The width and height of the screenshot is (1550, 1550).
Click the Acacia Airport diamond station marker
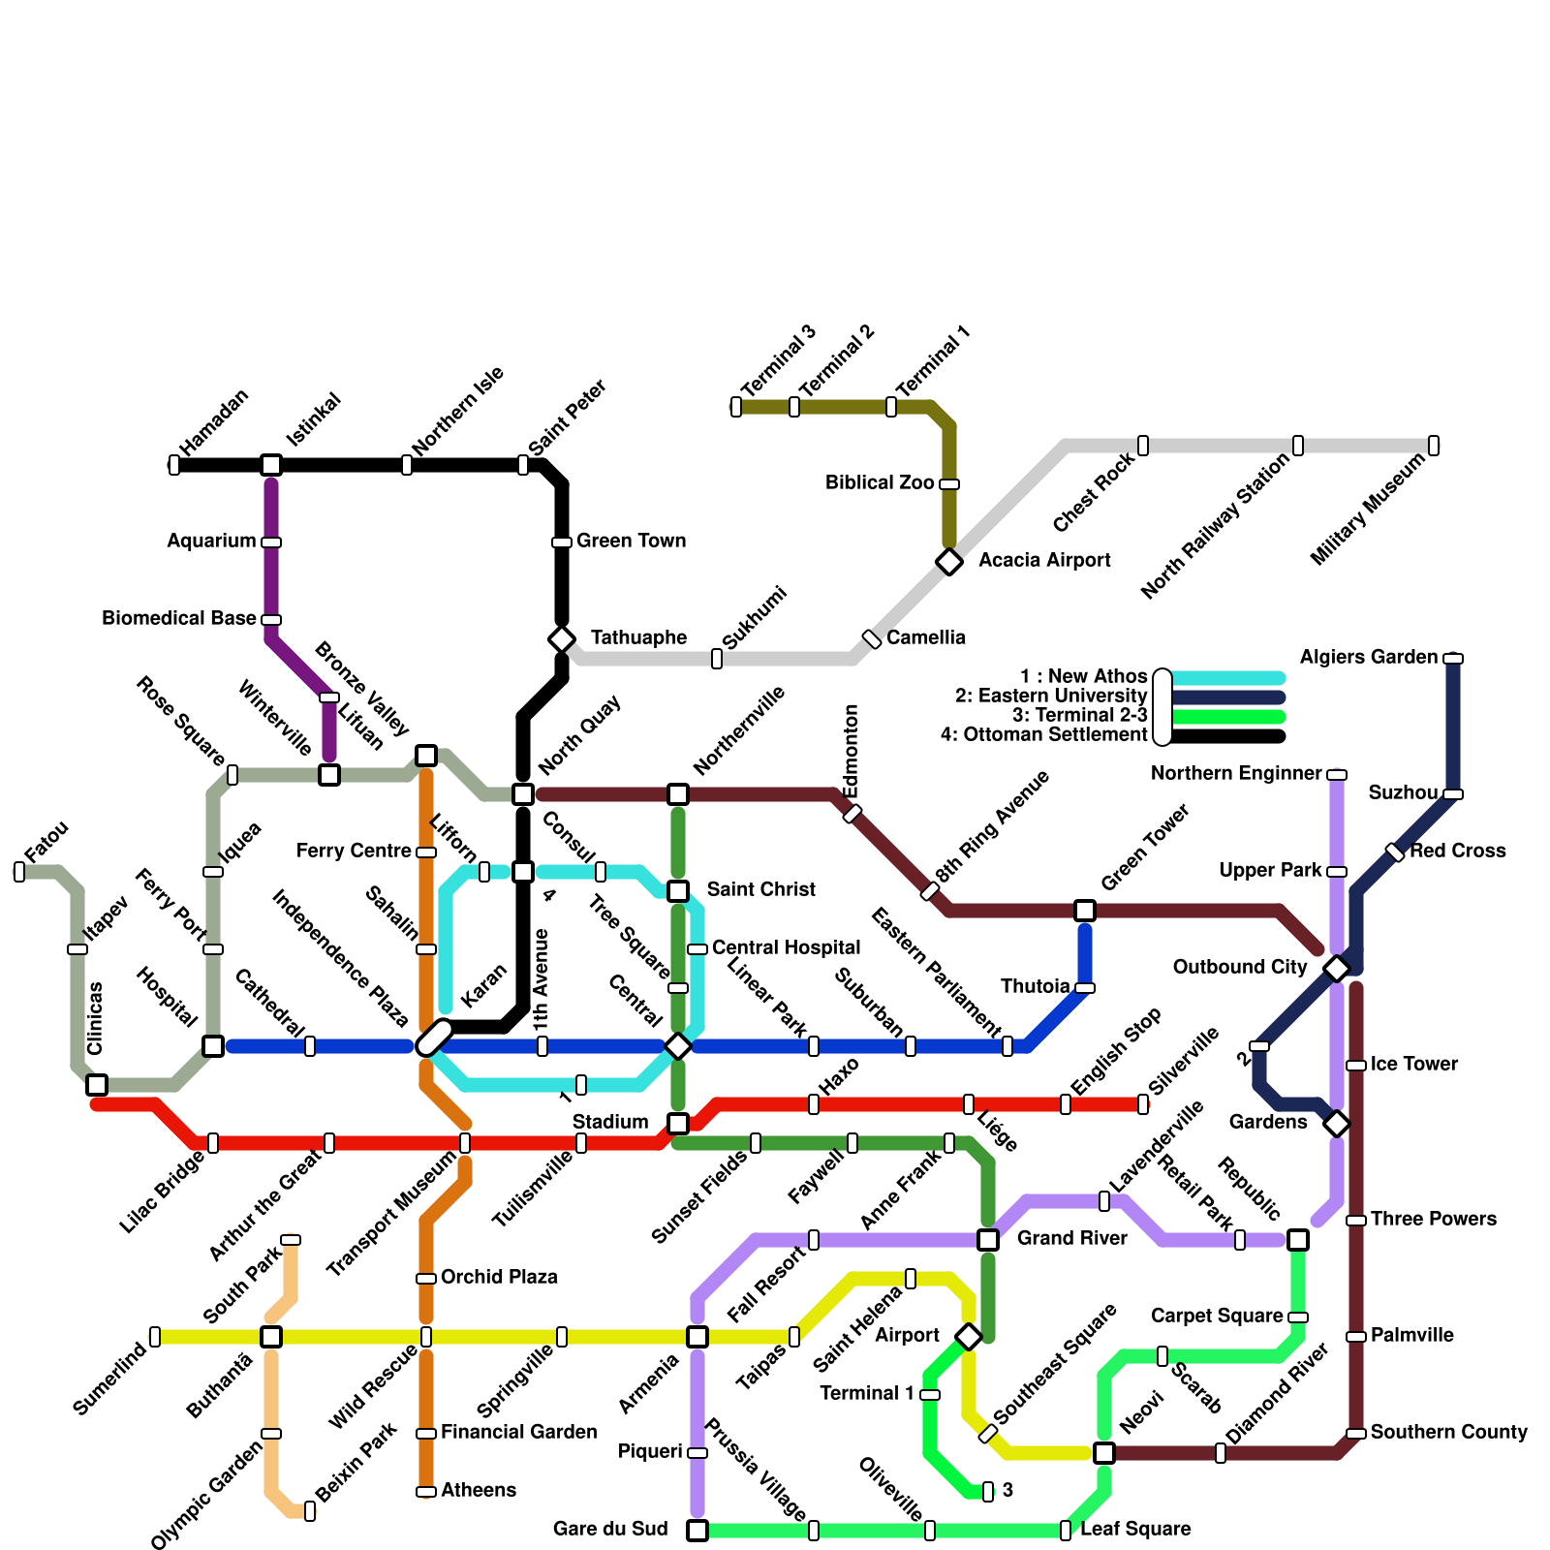point(949,561)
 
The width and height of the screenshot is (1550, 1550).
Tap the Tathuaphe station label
point(638,637)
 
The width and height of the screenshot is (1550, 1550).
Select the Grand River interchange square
point(988,1239)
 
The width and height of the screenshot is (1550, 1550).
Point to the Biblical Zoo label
point(880,482)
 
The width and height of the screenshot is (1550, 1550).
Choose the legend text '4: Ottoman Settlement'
point(1043,734)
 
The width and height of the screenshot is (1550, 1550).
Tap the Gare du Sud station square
point(697,1530)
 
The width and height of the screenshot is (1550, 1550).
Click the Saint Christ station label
point(760,889)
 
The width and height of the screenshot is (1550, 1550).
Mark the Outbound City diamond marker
point(1337,968)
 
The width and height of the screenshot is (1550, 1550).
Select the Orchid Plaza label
point(499,1277)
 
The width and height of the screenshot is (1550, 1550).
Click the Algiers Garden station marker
point(1453,659)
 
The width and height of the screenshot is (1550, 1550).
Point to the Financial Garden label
point(518,1432)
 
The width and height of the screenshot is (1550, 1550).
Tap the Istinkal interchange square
point(271,465)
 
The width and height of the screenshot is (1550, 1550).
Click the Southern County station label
point(1448,1432)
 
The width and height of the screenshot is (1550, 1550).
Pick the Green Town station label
point(631,541)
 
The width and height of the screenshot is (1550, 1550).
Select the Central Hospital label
point(786,947)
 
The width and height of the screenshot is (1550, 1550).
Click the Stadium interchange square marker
point(678,1124)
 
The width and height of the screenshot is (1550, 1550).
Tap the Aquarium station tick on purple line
point(271,542)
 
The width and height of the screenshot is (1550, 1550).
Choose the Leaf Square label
point(1135,1529)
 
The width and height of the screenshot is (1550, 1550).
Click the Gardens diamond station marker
point(1337,1124)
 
